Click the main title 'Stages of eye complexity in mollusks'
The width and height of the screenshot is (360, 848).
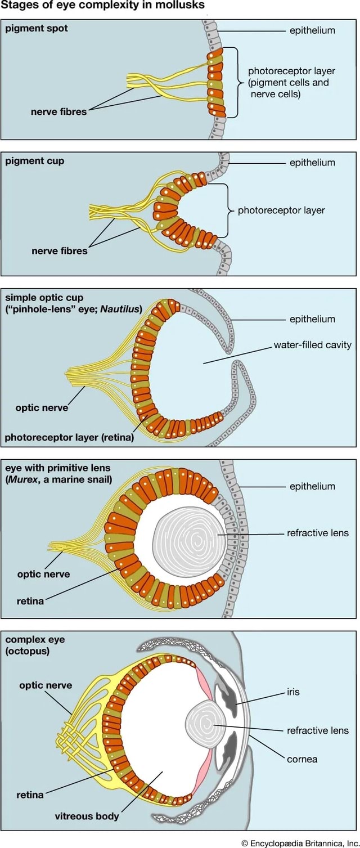[x=102, y=6]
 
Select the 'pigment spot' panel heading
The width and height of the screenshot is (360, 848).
[x=36, y=28]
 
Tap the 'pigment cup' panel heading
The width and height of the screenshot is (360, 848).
[x=34, y=160]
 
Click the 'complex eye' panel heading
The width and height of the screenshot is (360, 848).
[x=35, y=639]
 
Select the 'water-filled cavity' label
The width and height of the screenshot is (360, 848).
[x=312, y=344]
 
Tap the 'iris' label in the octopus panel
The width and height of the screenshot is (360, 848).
[x=293, y=692]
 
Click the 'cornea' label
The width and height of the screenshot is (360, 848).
[x=302, y=759]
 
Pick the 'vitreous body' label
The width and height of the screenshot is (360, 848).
[x=87, y=816]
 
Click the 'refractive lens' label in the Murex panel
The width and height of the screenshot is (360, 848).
[x=317, y=532]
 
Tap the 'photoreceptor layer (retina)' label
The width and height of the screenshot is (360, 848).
[x=69, y=437]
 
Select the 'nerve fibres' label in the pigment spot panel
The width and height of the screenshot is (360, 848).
[x=58, y=111]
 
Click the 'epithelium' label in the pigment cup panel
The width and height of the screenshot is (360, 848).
[x=312, y=163]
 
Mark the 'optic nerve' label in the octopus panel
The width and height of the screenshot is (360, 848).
[x=46, y=685]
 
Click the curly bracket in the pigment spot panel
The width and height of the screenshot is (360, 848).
[x=236, y=82]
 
